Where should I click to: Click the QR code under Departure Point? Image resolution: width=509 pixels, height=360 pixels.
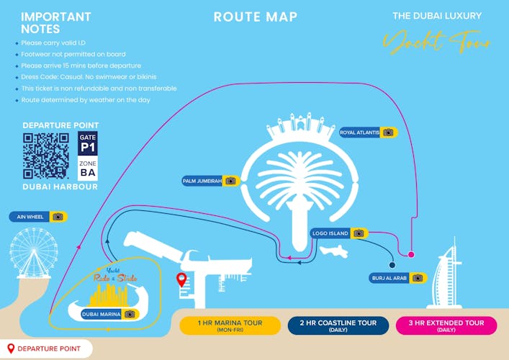coord(47,156)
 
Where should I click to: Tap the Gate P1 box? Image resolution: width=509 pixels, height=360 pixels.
coord(87,143)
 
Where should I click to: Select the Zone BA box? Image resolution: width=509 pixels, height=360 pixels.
coord(87,168)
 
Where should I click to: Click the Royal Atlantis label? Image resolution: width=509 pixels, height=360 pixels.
coord(368,132)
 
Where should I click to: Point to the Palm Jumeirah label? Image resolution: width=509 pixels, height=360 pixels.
coord(210,181)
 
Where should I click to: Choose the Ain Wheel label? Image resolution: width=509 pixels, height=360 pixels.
coord(37,216)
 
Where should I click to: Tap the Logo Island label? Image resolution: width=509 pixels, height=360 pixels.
coord(339,233)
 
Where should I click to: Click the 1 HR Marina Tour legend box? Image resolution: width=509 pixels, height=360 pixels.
coord(230,325)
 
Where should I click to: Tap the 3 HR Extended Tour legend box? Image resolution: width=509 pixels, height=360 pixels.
coord(446,325)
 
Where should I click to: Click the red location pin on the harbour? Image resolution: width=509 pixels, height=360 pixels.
coord(181,279)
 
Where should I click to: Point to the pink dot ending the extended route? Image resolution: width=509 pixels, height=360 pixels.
coord(411,255)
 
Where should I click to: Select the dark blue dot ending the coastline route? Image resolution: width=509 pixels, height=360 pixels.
coord(392,264)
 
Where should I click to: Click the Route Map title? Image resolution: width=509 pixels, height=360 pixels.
coord(255,17)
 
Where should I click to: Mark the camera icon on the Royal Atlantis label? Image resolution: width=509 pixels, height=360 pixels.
coord(388,132)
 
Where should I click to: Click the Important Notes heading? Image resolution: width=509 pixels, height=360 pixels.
coord(55,23)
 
